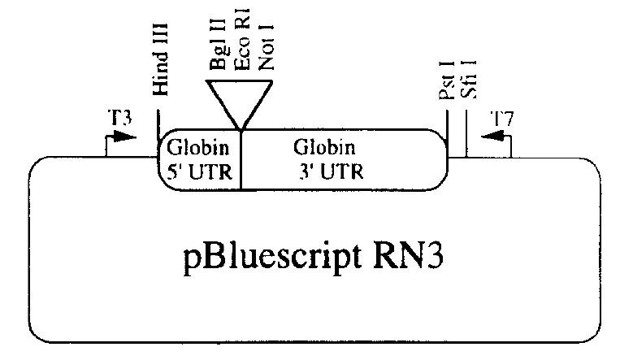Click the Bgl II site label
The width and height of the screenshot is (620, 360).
point(218,50)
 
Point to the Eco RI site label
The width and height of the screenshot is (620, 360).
point(241,50)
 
